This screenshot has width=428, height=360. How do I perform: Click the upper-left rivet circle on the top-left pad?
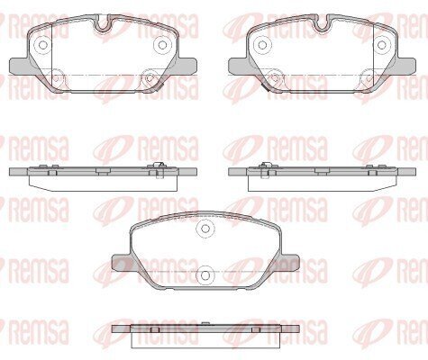[x=43, y=45]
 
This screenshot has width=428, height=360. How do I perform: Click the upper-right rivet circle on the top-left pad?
[x=162, y=45]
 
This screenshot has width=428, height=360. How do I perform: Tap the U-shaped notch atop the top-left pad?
[x=103, y=23]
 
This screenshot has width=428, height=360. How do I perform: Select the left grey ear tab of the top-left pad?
[x=21, y=66]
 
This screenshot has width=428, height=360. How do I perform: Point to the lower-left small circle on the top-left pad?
[x=57, y=77]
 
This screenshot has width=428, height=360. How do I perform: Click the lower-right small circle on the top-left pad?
[x=149, y=77]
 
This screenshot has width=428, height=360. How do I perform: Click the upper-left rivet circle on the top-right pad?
[x=262, y=45]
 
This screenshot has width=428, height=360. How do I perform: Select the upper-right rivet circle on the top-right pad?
[x=382, y=45]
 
